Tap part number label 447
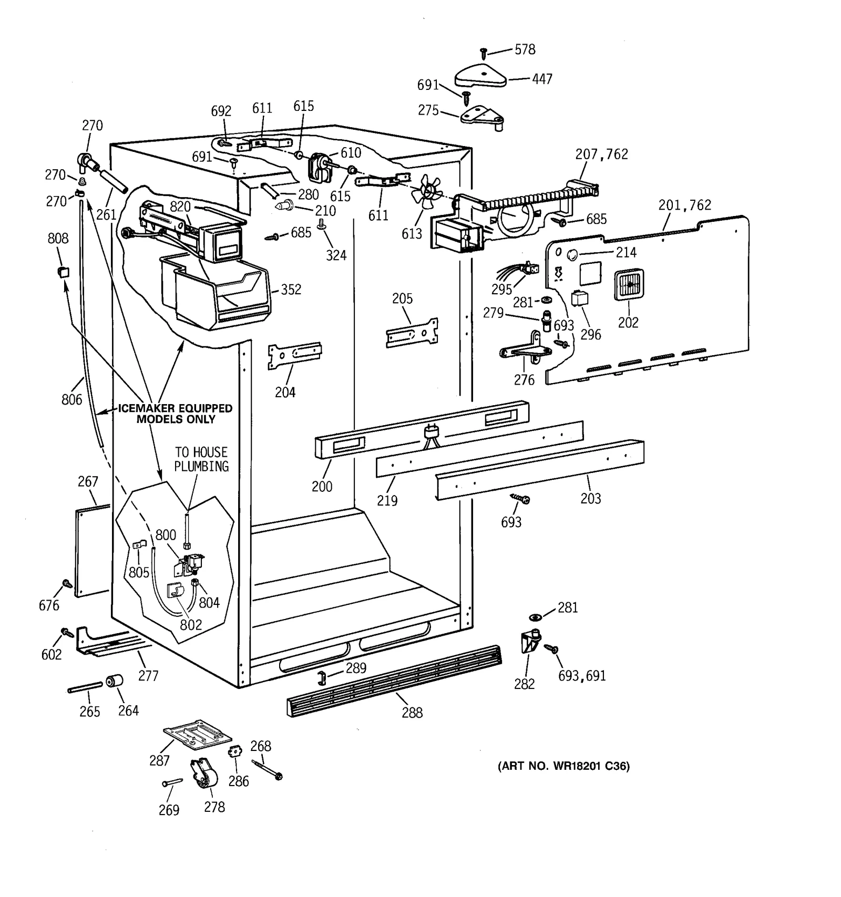tap(542, 79)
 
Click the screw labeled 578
tap(484, 52)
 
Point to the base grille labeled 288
tap(394, 681)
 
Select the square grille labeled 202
tap(629, 285)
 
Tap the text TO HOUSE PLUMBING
tap(201, 459)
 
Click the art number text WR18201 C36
tap(563, 766)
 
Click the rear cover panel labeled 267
tap(92, 552)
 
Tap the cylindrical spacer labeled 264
tap(114, 682)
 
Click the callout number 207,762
tap(601, 154)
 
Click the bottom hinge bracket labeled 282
tap(530, 641)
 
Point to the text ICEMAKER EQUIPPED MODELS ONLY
tap(175, 414)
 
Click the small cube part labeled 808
tap(63, 271)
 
